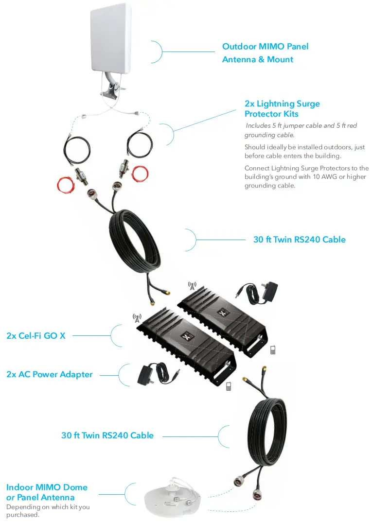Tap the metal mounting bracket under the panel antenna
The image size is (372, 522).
coord(110,90)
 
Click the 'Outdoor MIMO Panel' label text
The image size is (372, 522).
coord(265,47)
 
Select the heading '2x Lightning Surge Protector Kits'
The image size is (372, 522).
coord(282,109)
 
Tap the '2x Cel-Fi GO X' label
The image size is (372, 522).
coord(36,335)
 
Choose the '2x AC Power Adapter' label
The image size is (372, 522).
coord(49,374)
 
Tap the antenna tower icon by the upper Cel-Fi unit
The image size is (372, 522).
coord(192,286)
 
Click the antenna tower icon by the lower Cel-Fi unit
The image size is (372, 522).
coord(137,318)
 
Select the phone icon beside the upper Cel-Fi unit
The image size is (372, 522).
coord(273,349)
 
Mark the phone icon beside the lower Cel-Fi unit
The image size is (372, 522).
coord(228,386)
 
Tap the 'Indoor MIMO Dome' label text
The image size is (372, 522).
coord(47,487)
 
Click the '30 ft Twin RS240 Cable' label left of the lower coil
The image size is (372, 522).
coord(107,435)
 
